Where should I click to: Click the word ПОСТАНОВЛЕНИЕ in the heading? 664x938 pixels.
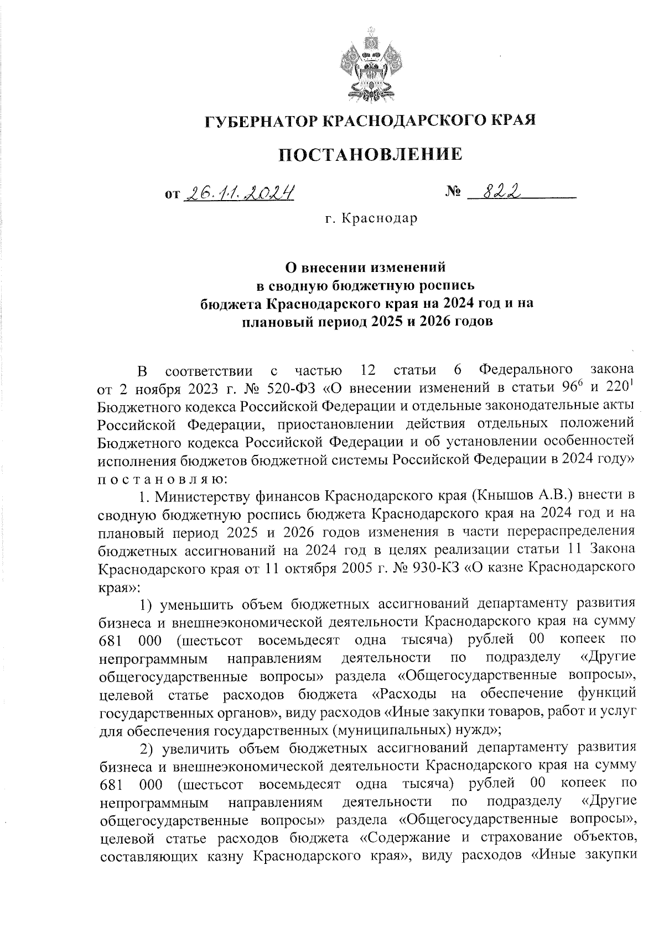pyautogui.click(x=370, y=154)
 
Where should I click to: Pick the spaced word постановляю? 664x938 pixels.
pyautogui.click(x=161, y=478)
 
